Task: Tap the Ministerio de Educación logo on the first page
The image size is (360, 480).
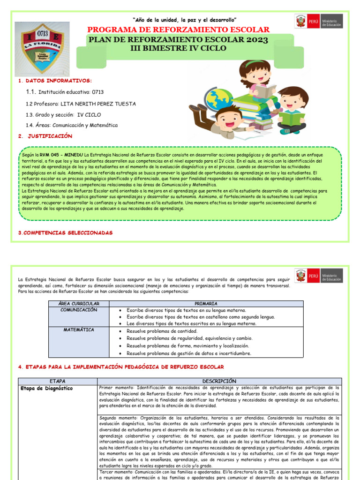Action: (318, 21)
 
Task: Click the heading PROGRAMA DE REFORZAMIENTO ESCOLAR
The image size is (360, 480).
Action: (179, 30)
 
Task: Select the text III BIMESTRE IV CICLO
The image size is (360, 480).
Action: (178, 48)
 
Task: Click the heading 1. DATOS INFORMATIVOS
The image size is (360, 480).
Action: (55, 81)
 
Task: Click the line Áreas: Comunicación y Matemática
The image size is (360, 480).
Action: (72, 125)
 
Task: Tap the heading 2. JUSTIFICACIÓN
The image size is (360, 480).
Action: (46, 136)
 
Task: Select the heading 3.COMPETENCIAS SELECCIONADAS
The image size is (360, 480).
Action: (65, 233)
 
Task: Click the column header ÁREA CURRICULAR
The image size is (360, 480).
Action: (78, 304)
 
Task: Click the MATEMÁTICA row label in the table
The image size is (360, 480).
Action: (78, 330)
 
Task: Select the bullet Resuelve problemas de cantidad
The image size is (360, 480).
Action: (158, 331)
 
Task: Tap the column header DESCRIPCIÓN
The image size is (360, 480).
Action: (219, 381)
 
